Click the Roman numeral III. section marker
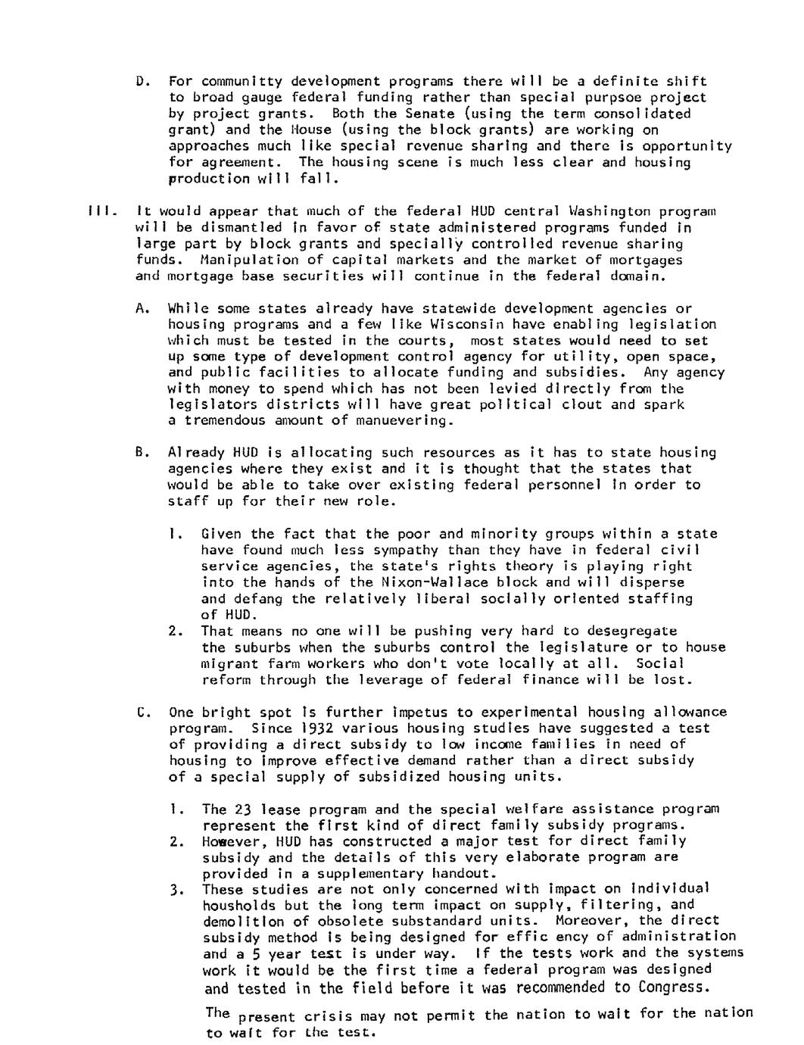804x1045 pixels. [100, 211]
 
